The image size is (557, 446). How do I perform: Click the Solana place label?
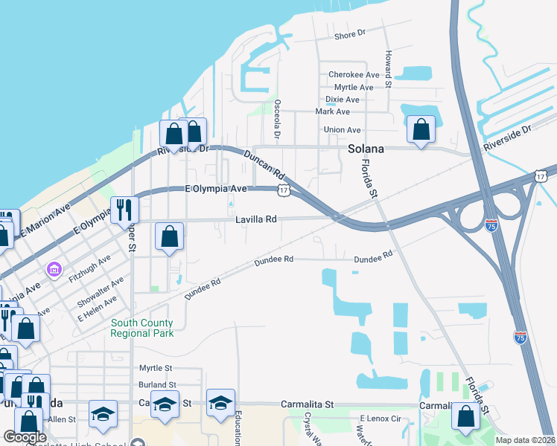click(x=366, y=149)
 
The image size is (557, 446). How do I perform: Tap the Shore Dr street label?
click(x=351, y=34)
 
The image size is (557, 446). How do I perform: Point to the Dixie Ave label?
click(x=343, y=100)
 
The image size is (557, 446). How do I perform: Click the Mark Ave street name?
click(x=332, y=111)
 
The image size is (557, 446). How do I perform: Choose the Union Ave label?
click(x=343, y=130)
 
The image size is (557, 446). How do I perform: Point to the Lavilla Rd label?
click(x=256, y=219)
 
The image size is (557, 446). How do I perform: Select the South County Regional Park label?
click(x=141, y=328)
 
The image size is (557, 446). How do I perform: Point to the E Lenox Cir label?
click(x=381, y=419)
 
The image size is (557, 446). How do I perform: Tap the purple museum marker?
click(x=54, y=268)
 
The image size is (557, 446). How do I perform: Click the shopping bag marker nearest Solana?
click(x=421, y=130)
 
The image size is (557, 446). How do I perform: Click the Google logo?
click(x=25, y=437)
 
